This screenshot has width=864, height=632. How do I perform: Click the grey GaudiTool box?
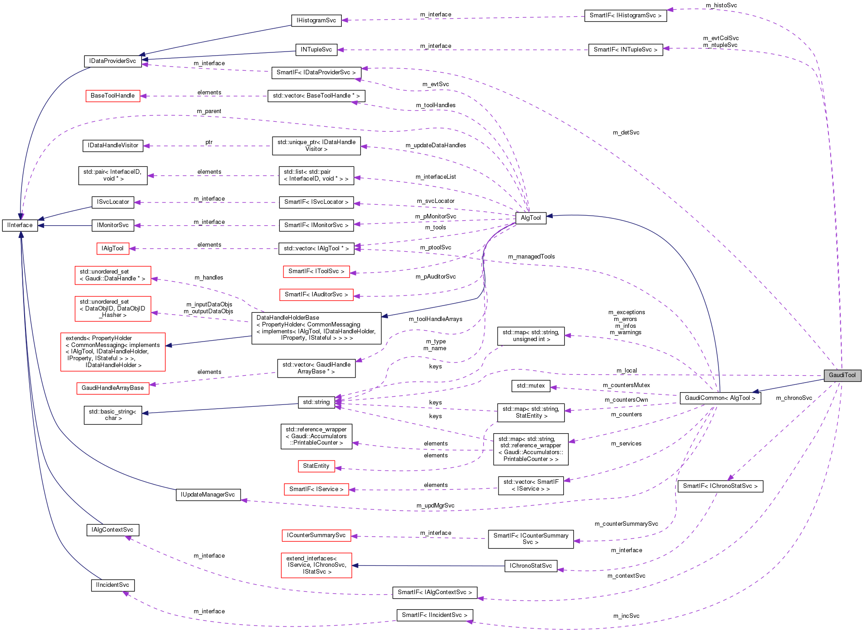(842, 375)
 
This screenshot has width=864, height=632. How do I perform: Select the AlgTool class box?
(530, 218)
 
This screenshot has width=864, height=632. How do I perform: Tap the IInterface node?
(20, 225)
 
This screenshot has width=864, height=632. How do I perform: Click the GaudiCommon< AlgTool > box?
(720, 398)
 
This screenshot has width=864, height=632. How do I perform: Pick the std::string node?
(316, 402)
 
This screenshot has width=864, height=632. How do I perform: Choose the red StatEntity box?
(316, 466)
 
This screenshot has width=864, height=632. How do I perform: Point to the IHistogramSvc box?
(316, 21)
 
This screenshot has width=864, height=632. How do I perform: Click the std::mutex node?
(530, 386)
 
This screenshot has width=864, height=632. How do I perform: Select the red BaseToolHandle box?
(113, 96)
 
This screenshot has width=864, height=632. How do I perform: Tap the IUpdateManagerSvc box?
(208, 495)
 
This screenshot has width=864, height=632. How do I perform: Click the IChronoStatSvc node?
(530, 566)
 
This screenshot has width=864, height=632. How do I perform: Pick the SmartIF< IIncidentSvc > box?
(434, 615)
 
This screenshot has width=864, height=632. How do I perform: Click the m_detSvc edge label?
(626, 133)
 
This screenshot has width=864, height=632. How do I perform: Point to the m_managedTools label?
(531, 257)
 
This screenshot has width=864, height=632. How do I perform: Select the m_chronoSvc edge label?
(794, 398)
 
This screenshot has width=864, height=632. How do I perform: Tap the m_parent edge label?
(209, 111)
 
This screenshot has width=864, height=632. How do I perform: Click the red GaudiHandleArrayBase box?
(113, 388)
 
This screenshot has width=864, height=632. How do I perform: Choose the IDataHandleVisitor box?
(113, 145)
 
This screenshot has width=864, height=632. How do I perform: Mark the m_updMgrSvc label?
(435, 506)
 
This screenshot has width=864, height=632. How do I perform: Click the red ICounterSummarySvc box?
(316, 535)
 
